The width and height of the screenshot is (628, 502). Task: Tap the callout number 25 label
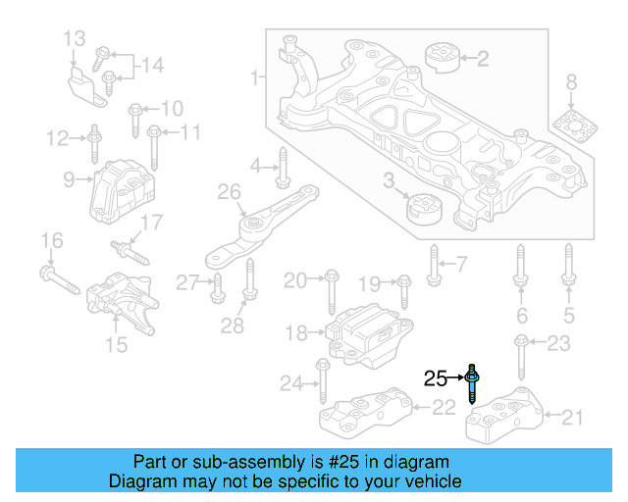tap(436, 377)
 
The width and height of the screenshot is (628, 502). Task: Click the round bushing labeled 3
tap(425, 209)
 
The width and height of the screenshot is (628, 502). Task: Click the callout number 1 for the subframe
tap(255, 75)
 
